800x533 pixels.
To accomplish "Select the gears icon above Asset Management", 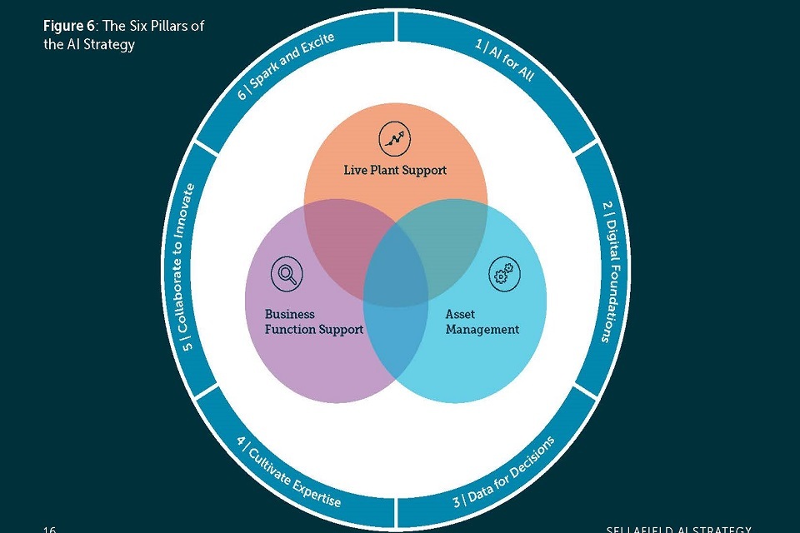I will (x=503, y=275).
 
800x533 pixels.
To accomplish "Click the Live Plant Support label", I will (x=396, y=170).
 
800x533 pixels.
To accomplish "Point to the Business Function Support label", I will (x=313, y=321).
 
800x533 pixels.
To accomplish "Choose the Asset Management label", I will (x=482, y=321).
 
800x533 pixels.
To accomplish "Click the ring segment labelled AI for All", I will (x=504, y=59).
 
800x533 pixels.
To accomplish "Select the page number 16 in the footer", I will (x=50, y=529).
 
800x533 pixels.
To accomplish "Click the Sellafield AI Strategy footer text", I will (x=678, y=529).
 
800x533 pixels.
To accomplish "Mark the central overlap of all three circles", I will (x=396, y=275).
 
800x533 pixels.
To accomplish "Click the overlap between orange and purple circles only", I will (x=337, y=242).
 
